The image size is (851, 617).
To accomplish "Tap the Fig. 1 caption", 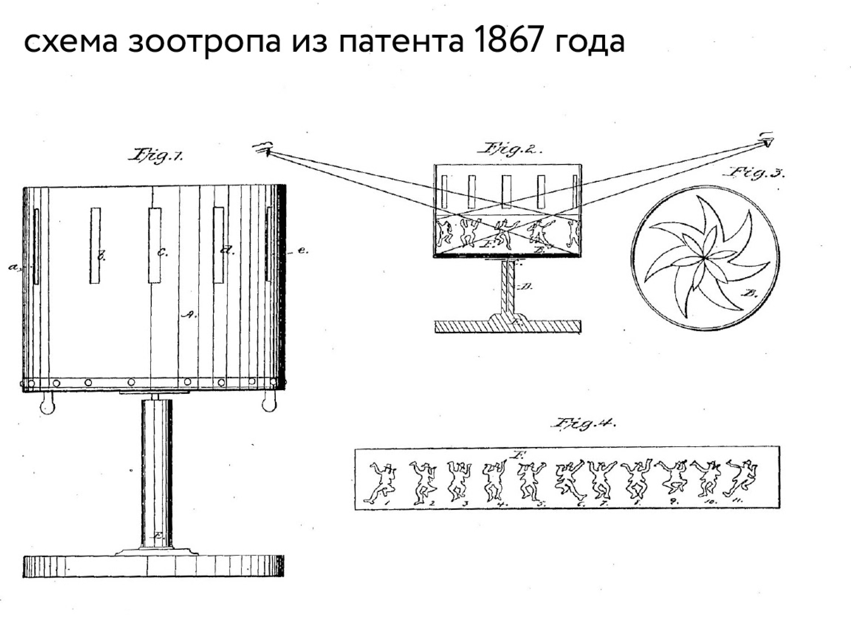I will tap(155, 155).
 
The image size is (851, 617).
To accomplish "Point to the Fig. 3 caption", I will tap(756, 173).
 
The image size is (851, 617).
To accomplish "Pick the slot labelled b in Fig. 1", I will tap(95, 245).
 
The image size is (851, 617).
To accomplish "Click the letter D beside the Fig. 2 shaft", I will tap(527, 287).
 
